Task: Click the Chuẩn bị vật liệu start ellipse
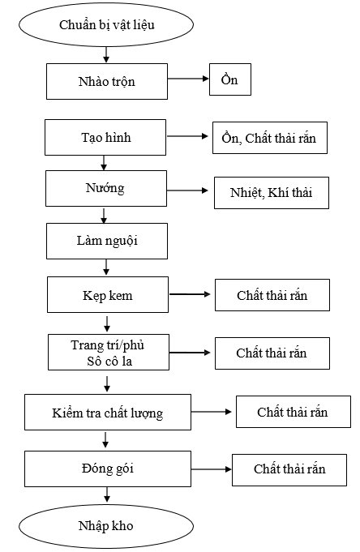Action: click(x=106, y=24)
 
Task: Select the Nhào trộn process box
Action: click(x=107, y=81)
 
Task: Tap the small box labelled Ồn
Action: click(x=230, y=79)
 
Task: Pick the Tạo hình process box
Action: click(x=105, y=137)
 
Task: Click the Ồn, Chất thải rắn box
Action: click(x=270, y=138)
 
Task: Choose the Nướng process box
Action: click(x=106, y=188)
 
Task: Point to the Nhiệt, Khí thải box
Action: click(x=272, y=193)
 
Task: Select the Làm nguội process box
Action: click(x=107, y=242)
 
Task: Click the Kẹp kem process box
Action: click(x=108, y=295)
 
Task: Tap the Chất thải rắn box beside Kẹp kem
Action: click(x=272, y=295)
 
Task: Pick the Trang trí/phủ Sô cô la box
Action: click(x=109, y=352)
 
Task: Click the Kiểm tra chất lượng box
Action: click(x=108, y=413)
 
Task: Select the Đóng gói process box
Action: click(x=108, y=469)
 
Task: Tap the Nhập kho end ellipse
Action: click(x=106, y=526)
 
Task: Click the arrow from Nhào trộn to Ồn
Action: click(x=188, y=79)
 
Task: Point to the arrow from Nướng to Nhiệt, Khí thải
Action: click(x=187, y=190)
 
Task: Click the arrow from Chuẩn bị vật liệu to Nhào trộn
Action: click(x=106, y=55)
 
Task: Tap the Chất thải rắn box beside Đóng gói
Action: click(x=289, y=470)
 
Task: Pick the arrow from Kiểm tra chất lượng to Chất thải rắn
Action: click(x=212, y=412)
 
